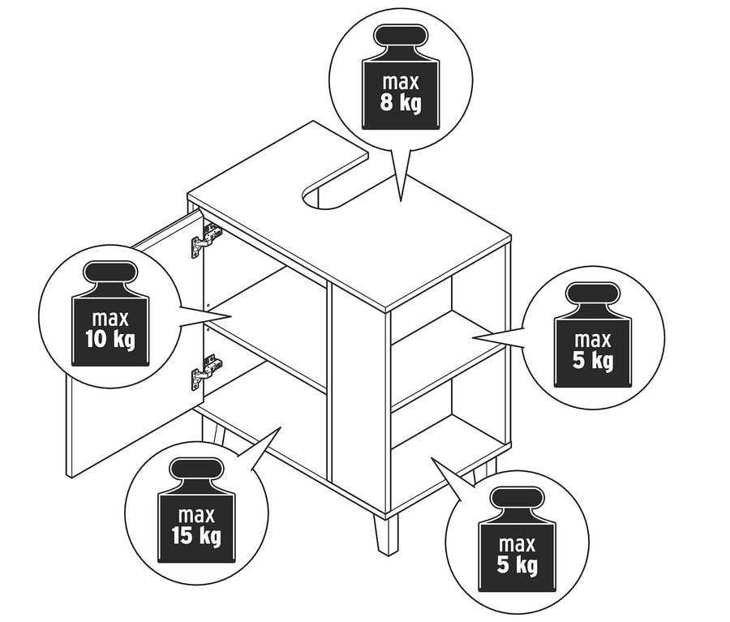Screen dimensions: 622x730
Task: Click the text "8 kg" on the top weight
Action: pyautogui.click(x=401, y=103)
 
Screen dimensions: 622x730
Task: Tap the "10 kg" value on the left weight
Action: pyautogui.click(x=110, y=336)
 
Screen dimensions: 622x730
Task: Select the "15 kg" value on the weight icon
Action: pyautogui.click(x=196, y=535)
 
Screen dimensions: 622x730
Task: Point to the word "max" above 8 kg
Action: pyautogui.click(x=401, y=82)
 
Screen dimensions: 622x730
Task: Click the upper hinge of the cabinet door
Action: pyautogui.click(x=206, y=239)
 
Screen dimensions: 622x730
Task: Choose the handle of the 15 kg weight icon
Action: pyautogui.click(x=196, y=470)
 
